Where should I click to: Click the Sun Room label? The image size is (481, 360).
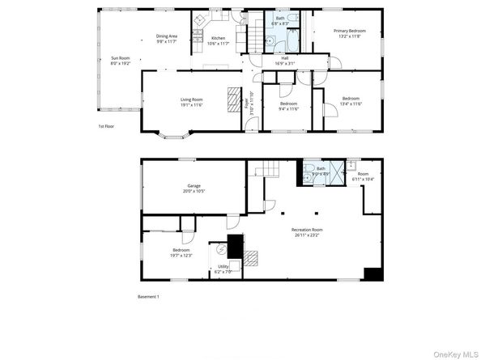click(120, 57)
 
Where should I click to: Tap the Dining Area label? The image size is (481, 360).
click(167, 36)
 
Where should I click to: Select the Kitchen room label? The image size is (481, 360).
click(219, 38)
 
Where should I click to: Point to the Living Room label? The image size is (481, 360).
click(191, 100)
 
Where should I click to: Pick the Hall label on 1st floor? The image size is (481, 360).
click(284, 57)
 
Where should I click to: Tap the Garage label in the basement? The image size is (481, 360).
click(194, 185)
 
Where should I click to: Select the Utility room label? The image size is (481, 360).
click(223, 266)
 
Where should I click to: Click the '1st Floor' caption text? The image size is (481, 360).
click(106, 126)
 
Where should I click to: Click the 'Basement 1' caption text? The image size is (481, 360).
click(148, 297)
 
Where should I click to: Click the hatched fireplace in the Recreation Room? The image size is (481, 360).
click(251, 258)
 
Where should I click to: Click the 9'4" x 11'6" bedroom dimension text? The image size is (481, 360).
click(289, 108)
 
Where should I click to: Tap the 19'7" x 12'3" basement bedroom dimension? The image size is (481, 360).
click(181, 255)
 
